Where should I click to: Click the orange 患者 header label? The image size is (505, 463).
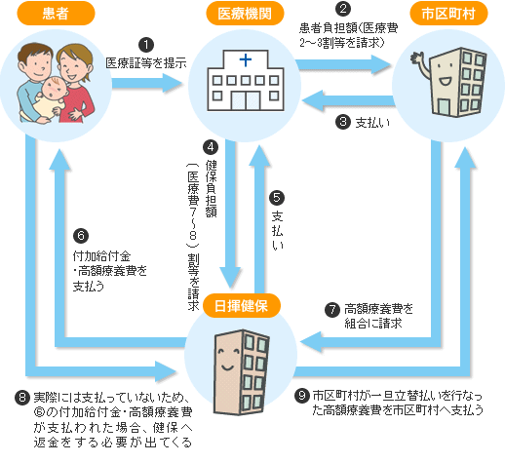tap(56, 14)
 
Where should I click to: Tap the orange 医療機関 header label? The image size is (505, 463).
tap(245, 14)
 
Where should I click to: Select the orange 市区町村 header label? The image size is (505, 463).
tap(448, 14)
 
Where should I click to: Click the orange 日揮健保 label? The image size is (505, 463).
tap(241, 306)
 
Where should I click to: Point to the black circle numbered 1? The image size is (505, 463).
tap(146, 45)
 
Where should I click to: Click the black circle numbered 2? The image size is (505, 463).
tap(343, 9)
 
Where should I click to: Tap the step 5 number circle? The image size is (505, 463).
tap(277, 198)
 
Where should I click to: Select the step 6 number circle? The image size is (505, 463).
tap(81, 236)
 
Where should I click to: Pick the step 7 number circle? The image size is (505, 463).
tap(332, 310)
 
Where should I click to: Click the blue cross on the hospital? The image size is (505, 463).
tap(246, 60)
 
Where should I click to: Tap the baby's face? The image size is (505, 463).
tap(54, 88)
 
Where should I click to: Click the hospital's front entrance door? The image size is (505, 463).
tap(246, 100)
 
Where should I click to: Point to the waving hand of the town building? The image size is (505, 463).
tap(417, 58)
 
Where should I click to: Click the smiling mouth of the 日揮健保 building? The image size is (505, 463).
tap(227, 367)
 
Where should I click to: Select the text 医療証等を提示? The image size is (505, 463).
tap(146, 63)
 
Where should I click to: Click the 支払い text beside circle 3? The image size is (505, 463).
tap(372, 123)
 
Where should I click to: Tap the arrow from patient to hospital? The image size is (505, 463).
tap(147, 83)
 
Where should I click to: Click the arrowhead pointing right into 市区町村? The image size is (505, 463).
tap(381, 64)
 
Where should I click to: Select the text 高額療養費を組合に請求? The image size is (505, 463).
tap(378, 316)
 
